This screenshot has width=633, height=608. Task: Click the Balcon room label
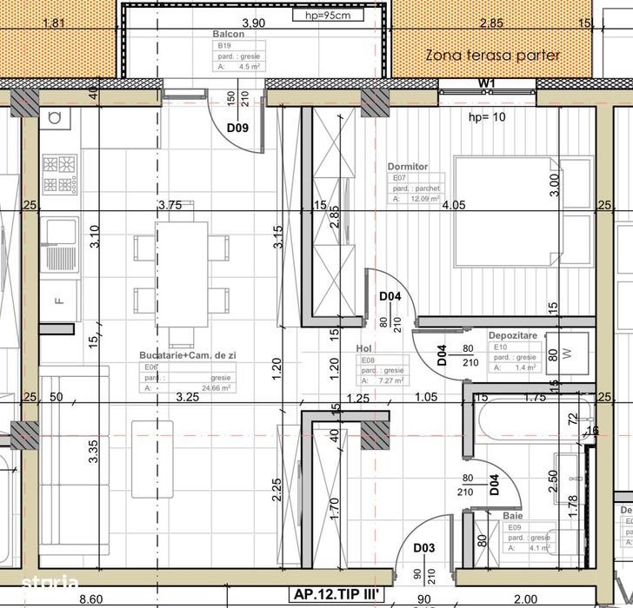pyautogui.click(x=227, y=34)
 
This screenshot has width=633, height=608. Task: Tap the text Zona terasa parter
pyautogui.click(x=492, y=56)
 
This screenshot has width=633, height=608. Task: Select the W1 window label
pyautogui.click(x=486, y=83)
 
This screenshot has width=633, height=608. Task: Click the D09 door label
pyautogui.click(x=237, y=129)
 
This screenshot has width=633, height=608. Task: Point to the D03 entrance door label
pyautogui.click(x=423, y=547)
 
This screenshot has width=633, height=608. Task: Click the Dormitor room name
pyautogui.click(x=407, y=166)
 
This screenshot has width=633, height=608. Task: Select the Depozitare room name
pyautogui.click(x=513, y=334)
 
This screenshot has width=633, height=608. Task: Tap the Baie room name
pyautogui.click(x=512, y=515)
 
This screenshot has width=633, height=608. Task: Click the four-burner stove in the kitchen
pyautogui.click(x=61, y=175)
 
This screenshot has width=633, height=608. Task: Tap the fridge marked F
pyautogui.click(x=59, y=301)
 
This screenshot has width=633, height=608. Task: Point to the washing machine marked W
pyautogui.click(x=567, y=354)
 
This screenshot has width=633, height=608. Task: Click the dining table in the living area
pyautogui.click(x=182, y=273)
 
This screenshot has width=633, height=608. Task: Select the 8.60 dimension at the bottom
pyautogui.click(x=90, y=598)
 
